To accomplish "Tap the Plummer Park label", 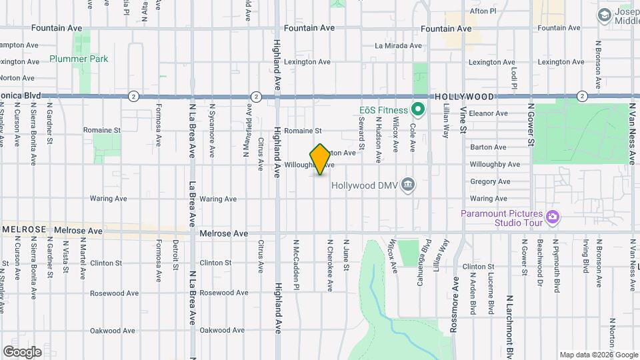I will click(79, 59).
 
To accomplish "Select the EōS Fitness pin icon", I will click(419, 108).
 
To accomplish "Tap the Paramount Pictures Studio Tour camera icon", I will click(552, 217).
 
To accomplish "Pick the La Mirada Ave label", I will click(399, 46).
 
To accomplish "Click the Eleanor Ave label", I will click(489, 113).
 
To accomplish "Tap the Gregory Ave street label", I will click(489, 181).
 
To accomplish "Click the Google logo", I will click(22, 351).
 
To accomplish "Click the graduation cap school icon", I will click(604, 15).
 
